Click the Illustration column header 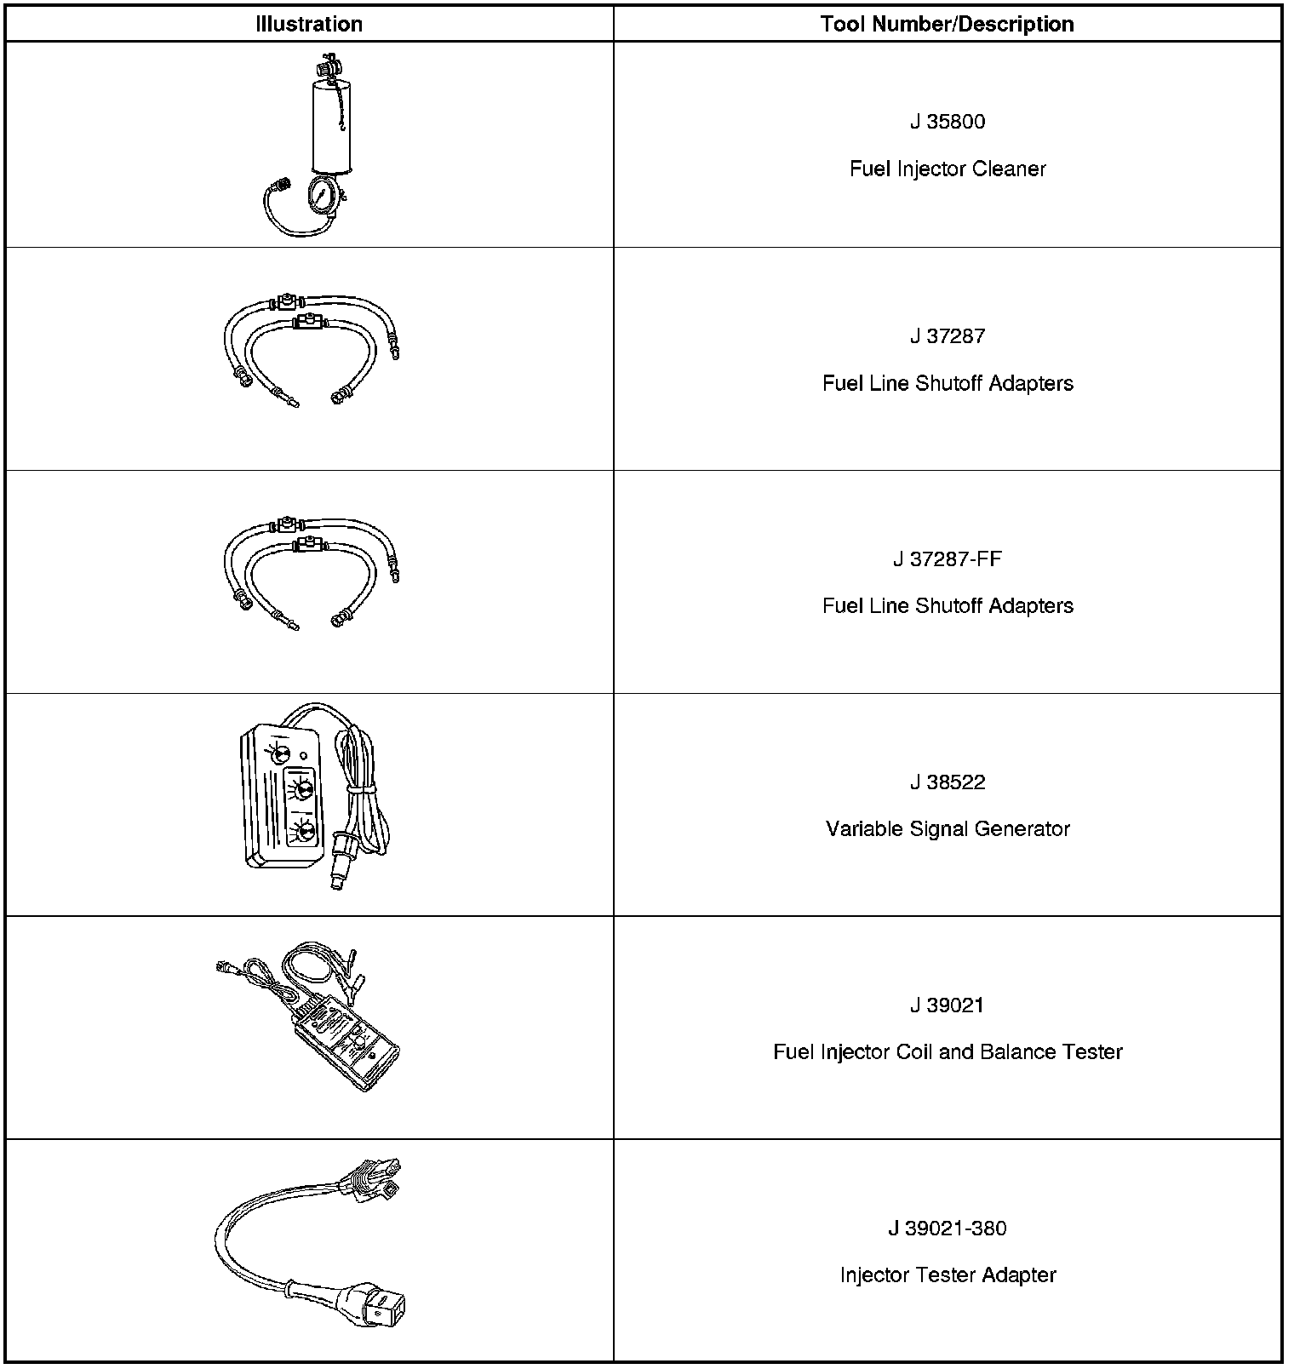click(309, 24)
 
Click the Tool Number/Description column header click(947, 24)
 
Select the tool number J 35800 click(947, 122)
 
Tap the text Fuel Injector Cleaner click(947, 169)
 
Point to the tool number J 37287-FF click(947, 559)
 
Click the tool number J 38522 click(947, 782)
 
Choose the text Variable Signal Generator click(947, 829)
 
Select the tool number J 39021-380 click(947, 1229)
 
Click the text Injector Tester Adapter click(947, 1275)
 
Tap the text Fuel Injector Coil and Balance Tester click(947, 1052)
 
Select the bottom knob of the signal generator click(304, 832)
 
